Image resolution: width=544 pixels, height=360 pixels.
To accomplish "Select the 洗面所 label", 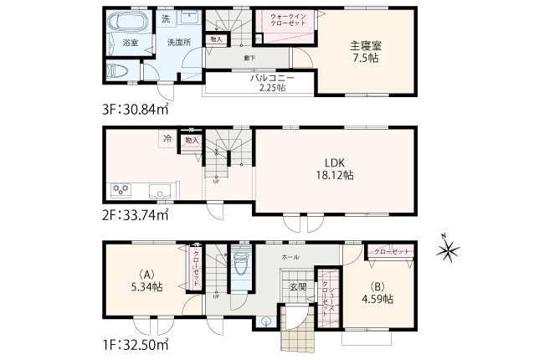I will click(x=177, y=41).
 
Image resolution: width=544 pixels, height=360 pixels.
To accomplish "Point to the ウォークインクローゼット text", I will click(x=287, y=20).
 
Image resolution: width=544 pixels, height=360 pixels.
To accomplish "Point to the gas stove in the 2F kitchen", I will click(x=119, y=189).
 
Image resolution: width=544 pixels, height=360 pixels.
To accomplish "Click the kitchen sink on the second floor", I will click(x=158, y=190).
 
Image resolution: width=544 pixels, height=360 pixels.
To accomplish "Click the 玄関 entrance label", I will click(x=297, y=287).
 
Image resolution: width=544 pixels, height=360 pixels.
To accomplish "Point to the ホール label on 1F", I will click(x=290, y=257).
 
